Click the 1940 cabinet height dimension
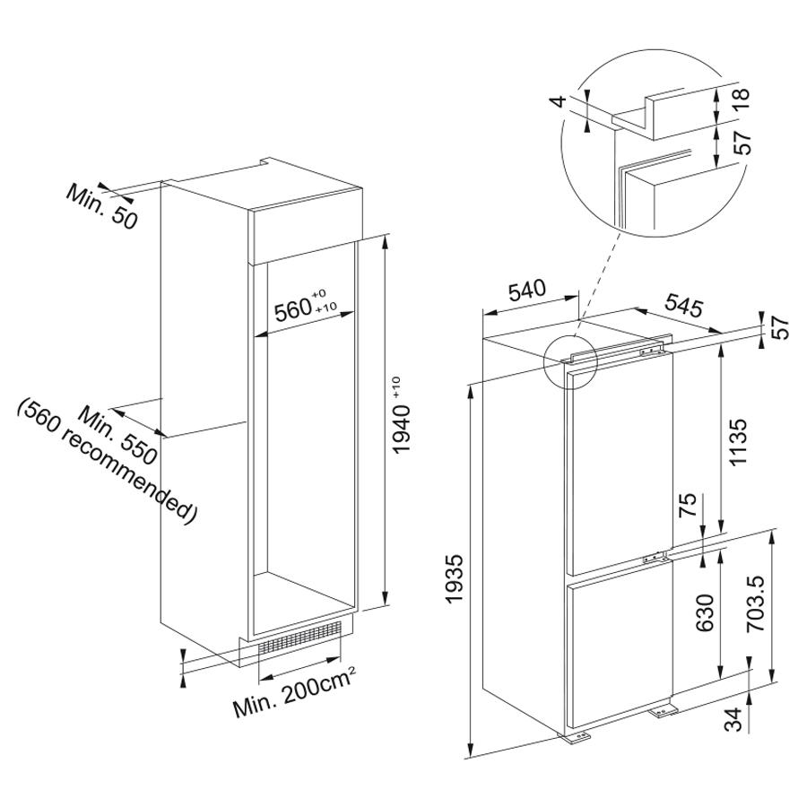(401, 416)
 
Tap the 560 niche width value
(291, 310)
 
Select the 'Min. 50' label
(102, 207)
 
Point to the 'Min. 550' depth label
(117, 435)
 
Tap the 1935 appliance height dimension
(455, 578)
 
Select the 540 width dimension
(526, 291)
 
